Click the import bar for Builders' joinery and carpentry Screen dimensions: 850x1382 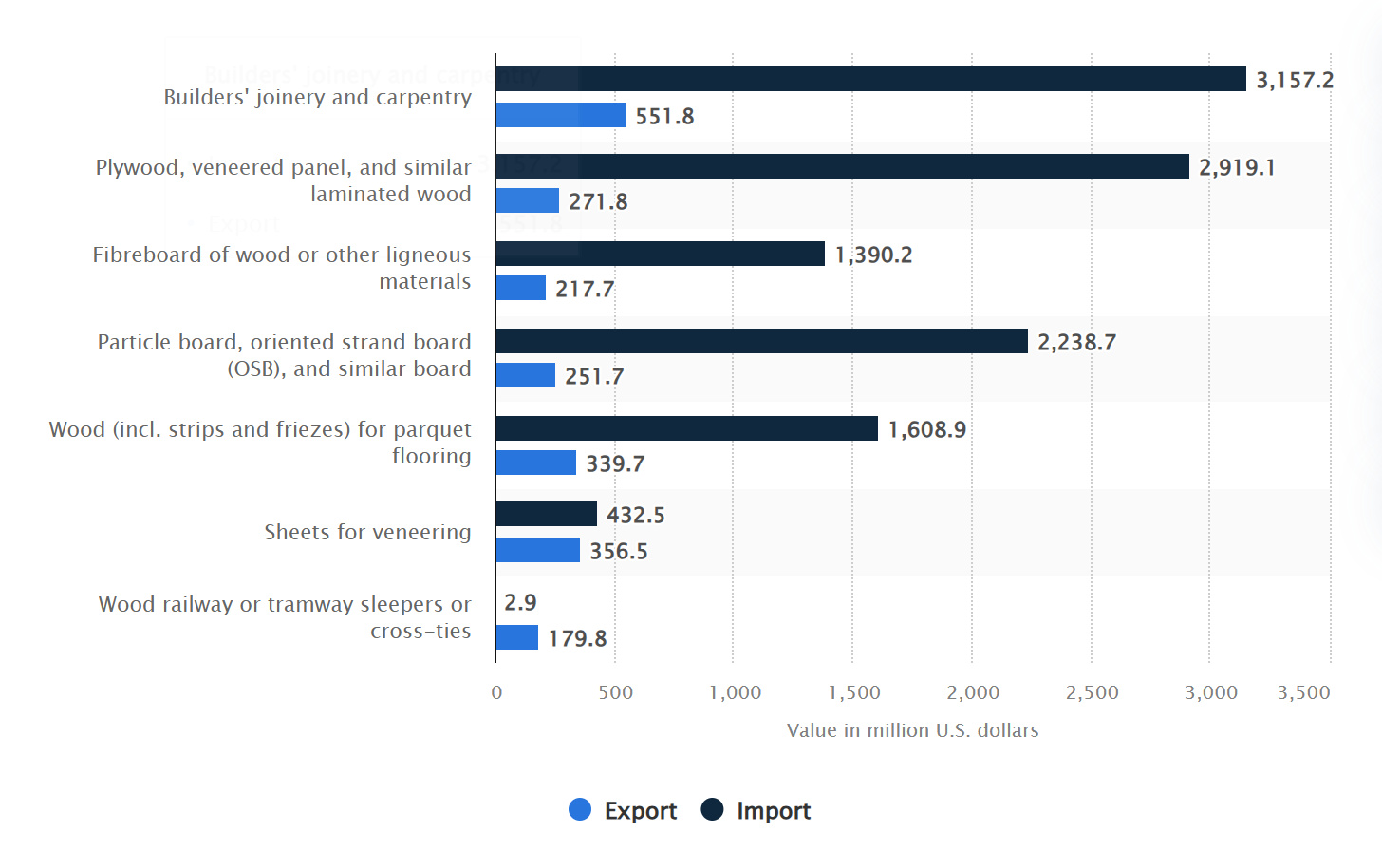pyautogui.click(x=870, y=79)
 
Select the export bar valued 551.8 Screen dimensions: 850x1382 pyautogui.click(x=560, y=115)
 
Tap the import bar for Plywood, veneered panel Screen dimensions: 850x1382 pyautogui.click(x=842, y=166)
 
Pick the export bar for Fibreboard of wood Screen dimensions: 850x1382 pyautogui.click(x=520, y=288)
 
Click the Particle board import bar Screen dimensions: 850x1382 pyautogui.click(x=761, y=341)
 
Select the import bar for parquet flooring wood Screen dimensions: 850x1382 pyautogui.click(x=686, y=428)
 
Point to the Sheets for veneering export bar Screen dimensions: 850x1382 pyautogui.click(x=537, y=550)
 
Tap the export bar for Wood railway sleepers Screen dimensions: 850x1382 pyautogui.click(x=516, y=637)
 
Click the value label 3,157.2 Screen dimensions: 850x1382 pyautogui.click(x=1295, y=81)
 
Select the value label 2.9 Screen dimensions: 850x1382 pyautogui.click(x=520, y=603)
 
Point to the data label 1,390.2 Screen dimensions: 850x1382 pyautogui.click(x=873, y=255)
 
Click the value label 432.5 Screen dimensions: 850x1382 pyautogui.click(x=636, y=516)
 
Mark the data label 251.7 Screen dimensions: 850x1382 pyautogui.click(x=594, y=377)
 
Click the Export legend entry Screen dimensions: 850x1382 pyautogui.click(x=623, y=810)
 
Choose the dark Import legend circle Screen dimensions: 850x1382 pyautogui.click(x=712, y=809)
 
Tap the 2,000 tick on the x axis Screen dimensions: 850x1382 pyautogui.click(x=973, y=693)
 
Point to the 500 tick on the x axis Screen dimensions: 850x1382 pyautogui.click(x=615, y=693)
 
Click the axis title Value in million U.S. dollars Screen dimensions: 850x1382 pyautogui.click(x=912, y=730)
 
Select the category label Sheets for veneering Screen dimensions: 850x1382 pyautogui.click(x=367, y=533)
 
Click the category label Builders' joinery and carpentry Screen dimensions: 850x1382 pyautogui.click(x=317, y=98)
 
